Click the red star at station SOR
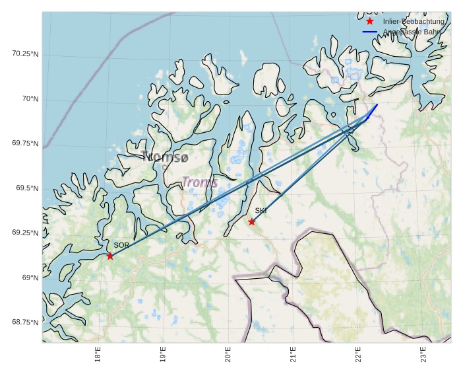(110, 256)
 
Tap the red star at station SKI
(252, 221)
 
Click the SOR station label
(121, 245)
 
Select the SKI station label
(261, 211)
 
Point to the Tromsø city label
(165, 157)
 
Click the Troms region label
(199, 182)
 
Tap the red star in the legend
(370, 21)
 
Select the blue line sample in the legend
(370, 32)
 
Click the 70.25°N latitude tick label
(25, 54)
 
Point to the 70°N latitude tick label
(30, 98)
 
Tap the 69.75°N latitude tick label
(25, 143)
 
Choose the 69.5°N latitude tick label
(27, 188)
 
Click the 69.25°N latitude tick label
(25, 233)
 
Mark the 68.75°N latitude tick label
(25, 322)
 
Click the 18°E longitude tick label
(98, 354)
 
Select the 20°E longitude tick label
(228, 354)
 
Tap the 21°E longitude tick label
(293, 354)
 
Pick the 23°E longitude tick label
(423, 354)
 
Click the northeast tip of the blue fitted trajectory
(377, 104)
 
